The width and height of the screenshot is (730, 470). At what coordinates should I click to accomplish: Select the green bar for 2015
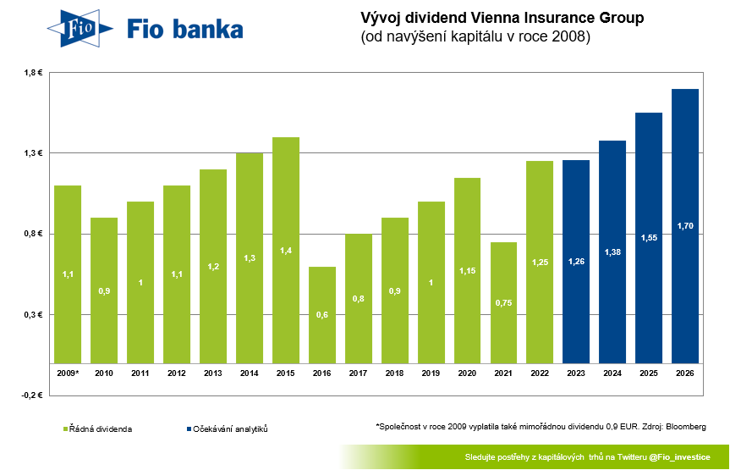click(286, 250)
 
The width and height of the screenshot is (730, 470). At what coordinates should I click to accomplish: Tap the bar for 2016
click(322, 315)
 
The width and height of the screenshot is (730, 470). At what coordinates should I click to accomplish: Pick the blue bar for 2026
click(685, 226)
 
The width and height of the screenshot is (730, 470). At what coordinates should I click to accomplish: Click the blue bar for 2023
click(576, 262)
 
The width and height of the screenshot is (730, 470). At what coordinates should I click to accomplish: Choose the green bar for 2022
click(540, 262)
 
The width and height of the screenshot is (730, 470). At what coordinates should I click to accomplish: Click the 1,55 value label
click(649, 238)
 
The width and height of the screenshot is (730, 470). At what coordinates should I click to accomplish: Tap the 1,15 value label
click(467, 271)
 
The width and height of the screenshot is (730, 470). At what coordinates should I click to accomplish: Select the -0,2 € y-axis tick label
click(31, 395)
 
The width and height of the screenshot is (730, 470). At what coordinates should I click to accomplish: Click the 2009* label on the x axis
click(68, 373)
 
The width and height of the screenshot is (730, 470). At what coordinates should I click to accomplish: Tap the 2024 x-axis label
click(612, 373)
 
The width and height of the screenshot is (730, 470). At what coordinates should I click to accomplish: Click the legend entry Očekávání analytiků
click(231, 429)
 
